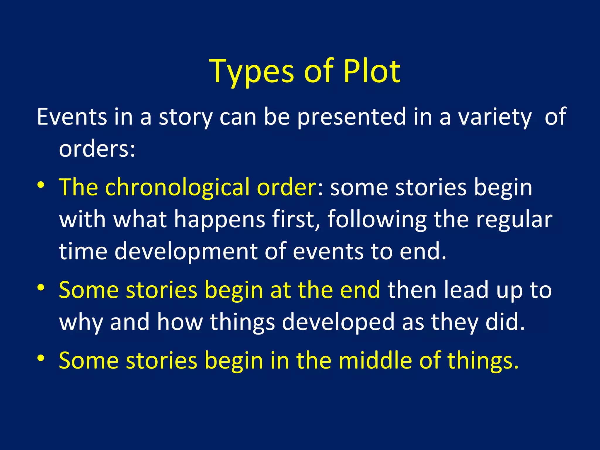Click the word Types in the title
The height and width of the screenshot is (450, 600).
point(251,72)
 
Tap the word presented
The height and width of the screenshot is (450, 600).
point(352,117)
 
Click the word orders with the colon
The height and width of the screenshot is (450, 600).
point(97,149)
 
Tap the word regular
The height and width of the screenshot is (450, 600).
point(514,220)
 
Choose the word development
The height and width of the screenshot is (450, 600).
point(186,251)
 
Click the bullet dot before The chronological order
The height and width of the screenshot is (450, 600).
point(41,185)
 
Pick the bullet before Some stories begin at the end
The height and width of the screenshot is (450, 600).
point(41,288)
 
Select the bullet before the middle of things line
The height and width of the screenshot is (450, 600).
point(41,358)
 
